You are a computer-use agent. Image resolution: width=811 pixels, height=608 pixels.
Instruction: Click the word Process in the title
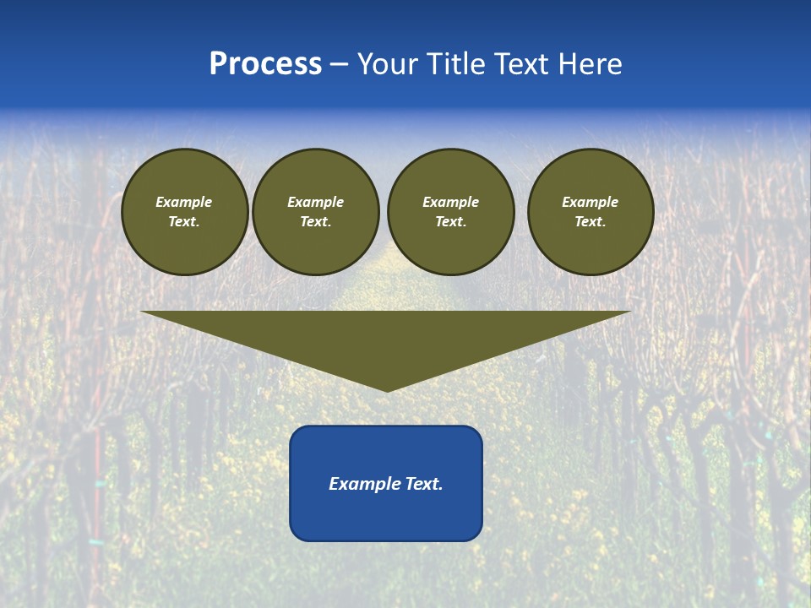point(265,64)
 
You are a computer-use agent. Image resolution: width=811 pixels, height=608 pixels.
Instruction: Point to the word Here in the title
point(595,64)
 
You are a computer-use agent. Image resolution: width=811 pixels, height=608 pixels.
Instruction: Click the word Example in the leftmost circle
point(184,202)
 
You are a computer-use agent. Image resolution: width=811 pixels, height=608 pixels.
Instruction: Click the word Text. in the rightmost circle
point(590,221)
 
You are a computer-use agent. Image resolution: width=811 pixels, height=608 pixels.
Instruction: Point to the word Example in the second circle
point(315,202)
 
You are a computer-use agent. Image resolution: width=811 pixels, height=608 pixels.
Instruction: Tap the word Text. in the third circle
point(450,221)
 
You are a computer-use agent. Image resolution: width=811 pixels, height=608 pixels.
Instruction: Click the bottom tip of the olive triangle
point(387,389)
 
